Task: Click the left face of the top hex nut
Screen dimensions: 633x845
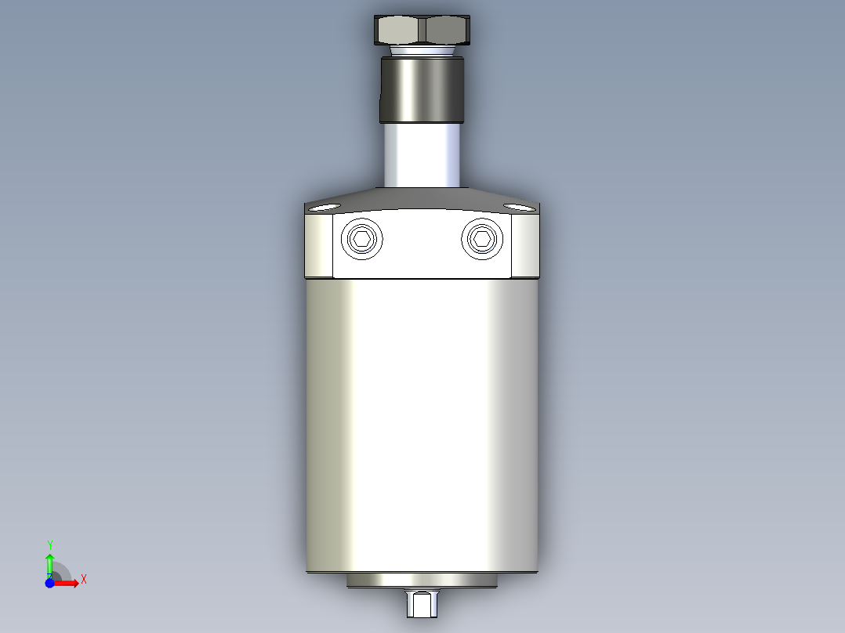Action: pyautogui.click(x=400, y=31)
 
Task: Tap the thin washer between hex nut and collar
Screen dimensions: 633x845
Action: pyautogui.click(x=422, y=50)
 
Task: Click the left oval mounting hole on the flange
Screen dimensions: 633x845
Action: pyautogui.click(x=323, y=208)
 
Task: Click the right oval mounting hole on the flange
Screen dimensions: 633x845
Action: pyautogui.click(x=518, y=208)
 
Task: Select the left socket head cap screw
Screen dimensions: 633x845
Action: pyautogui.click(x=363, y=240)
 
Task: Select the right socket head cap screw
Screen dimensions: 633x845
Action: pyautogui.click(x=481, y=240)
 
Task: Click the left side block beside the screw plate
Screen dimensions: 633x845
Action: pyautogui.click(x=318, y=246)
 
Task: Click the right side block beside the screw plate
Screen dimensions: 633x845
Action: pyautogui.click(x=525, y=246)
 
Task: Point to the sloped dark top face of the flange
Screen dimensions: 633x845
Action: pyautogui.click(x=422, y=198)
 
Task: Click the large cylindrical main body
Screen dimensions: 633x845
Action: pyautogui.click(x=422, y=423)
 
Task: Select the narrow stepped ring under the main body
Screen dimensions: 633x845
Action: pyautogui.click(x=422, y=581)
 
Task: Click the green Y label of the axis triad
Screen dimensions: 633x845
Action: pyautogui.click(x=49, y=544)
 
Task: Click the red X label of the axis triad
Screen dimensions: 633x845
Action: pyautogui.click(x=84, y=580)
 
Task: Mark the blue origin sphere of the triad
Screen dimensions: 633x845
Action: pyautogui.click(x=49, y=583)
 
